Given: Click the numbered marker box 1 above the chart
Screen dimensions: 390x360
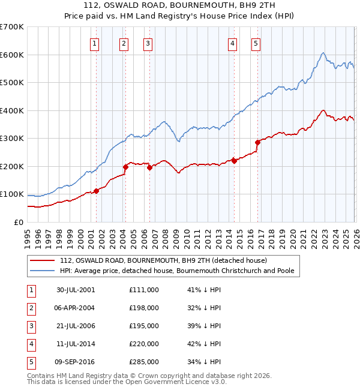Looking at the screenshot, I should coord(95,43).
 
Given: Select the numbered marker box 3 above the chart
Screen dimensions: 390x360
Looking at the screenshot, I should coord(148,43).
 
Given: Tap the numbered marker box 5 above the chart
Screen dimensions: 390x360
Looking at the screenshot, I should coord(256,43).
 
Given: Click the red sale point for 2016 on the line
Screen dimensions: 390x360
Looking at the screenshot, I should coord(257,143).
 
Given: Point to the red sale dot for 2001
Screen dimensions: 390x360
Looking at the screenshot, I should coord(97,191).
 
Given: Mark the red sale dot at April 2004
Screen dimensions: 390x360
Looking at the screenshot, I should coord(125,167).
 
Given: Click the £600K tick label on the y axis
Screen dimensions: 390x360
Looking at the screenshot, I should coord(11,55).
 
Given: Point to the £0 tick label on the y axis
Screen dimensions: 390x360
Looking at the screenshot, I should coord(19,222).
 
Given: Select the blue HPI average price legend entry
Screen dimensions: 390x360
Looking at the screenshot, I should coord(176,271).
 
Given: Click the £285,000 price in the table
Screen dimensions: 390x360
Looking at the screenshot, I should coord(144,362).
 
